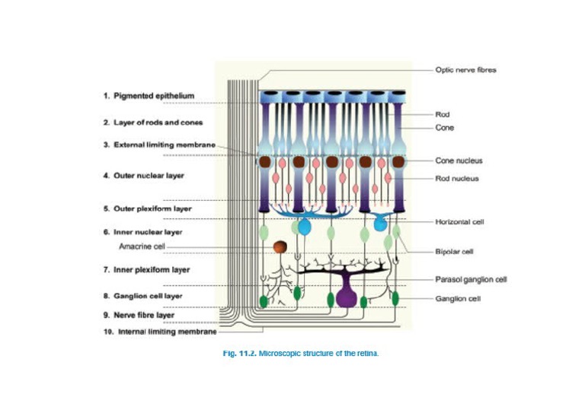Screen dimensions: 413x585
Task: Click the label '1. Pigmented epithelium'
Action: [x=149, y=96]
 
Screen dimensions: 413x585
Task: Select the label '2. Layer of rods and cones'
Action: [x=152, y=122]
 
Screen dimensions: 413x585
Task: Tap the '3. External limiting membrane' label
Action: [x=159, y=145]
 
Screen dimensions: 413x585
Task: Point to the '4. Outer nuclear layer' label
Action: [x=144, y=176]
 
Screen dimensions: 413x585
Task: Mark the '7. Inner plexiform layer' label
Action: [x=146, y=269]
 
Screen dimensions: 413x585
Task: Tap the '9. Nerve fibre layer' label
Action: [x=139, y=314]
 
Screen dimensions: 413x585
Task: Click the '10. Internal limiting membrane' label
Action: [x=160, y=332]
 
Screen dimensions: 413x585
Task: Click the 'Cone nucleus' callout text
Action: [x=458, y=160]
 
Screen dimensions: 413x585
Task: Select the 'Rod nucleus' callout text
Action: [x=456, y=179]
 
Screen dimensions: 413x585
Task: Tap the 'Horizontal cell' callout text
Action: [x=459, y=222]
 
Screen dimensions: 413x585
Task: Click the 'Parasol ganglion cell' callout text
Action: [x=470, y=279]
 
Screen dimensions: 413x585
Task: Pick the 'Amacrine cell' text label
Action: [x=142, y=246]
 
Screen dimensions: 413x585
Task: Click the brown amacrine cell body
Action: [x=280, y=247]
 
